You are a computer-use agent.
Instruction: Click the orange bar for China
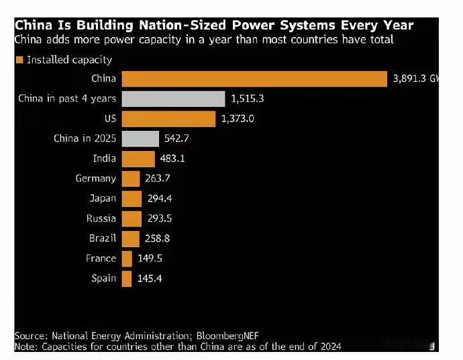tap(254, 79)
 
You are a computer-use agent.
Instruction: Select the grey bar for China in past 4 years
tap(173, 99)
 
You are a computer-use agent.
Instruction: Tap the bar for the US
tap(168, 119)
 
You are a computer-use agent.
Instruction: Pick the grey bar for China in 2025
tap(140, 139)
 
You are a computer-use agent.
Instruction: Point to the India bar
tap(138, 159)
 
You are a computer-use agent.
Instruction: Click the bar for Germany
tap(131, 179)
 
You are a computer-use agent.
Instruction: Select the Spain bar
tap(127, 278)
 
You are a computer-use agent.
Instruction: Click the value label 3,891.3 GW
tap(415, 79)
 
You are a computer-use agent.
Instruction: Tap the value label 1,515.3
tap(248, 99)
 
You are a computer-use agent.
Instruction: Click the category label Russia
tap(101, 218)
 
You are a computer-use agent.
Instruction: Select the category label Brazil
tap(103, 238)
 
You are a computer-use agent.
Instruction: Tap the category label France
tap(101, 259)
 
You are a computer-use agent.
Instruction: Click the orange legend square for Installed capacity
tap(19, 60)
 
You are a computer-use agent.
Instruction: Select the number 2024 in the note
tap(329, 347)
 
